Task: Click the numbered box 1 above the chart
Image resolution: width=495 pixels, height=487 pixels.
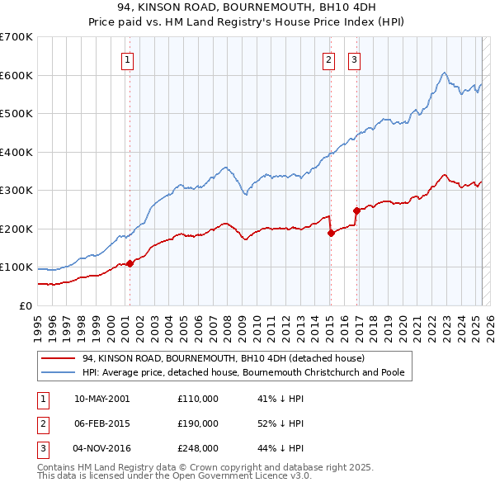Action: point(129,59)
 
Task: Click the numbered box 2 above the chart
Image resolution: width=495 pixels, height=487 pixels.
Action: point(328,59)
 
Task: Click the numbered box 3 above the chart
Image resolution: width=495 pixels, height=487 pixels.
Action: point(354,59)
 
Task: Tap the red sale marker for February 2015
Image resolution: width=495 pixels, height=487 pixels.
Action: point(331,233)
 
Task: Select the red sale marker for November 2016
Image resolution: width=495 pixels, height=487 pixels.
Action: point(356,210)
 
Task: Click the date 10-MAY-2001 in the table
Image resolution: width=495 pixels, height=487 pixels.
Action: point(101,399)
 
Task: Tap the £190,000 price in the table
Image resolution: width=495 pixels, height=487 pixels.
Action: point(198,423)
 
